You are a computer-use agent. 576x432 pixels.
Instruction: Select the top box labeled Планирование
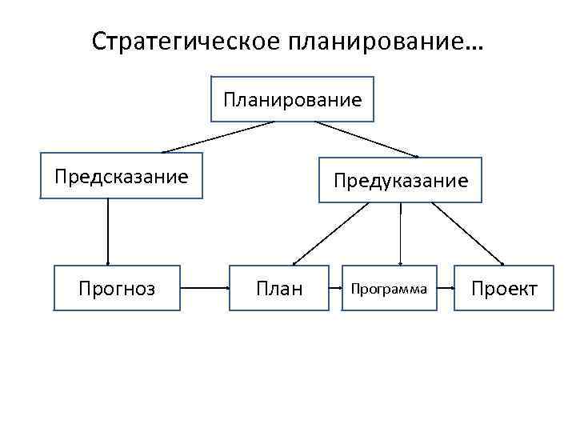[x=292, y=99]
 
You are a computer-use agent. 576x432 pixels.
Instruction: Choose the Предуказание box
[x=400, y=180]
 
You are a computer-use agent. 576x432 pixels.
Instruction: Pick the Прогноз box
[x=116, y=288]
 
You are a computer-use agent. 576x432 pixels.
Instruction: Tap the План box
[x=278, y=288]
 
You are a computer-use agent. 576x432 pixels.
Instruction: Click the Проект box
[x=504, y=288]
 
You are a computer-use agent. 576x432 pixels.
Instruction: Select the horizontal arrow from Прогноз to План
[x=203, y=286]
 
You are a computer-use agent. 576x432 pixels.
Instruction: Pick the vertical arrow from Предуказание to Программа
[x=400, y=234]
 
